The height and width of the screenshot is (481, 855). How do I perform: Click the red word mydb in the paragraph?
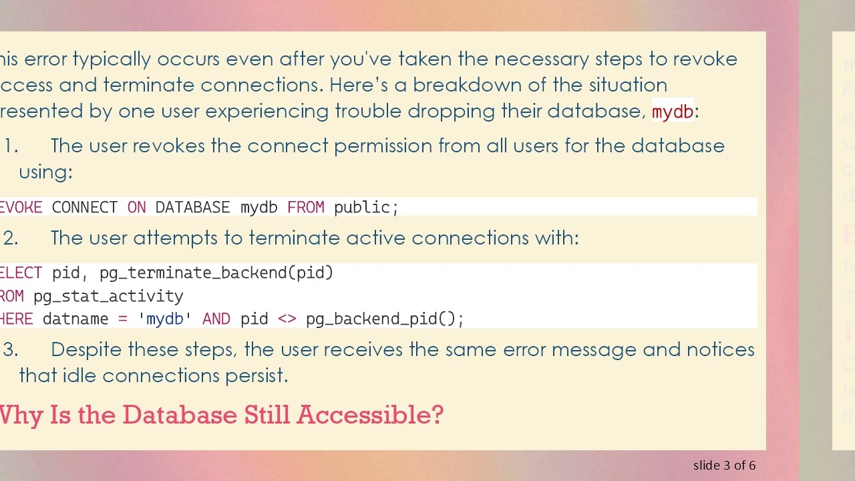pyautogui.click(x=672, y=112)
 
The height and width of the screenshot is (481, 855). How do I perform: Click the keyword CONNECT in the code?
pyautogui.click(x=84, y=208)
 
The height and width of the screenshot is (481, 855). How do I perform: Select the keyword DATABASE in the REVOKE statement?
pyautogui.click(x=192, y=208)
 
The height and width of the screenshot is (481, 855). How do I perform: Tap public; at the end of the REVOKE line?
pyautogui.click(x=365, y=208)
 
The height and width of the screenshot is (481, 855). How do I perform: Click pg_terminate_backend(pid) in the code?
pyautogui.click(x=216, y=273)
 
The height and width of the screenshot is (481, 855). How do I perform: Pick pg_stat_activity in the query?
pyautogui.click(x=108, y=297)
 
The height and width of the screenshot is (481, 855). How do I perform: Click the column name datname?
pyautogui.click(x=75, y=319)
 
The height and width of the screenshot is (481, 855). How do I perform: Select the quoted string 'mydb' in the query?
pyautogui.click(x=164, y=319)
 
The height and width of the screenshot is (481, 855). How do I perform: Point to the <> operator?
pyautogui.click(x=287, y=319)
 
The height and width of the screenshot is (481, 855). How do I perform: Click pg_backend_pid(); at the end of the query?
pyautogui.click(x=384, y=319)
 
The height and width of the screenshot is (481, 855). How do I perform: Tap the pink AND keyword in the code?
pyautogui.click(x=216, y=319)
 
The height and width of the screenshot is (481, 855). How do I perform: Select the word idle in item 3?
pyautogui.click(x=79, y=376)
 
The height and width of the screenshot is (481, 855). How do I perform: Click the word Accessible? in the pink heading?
pyautogui.click(x=370, y=415)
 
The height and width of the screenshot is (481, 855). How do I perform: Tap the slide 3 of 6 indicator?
pyautogui.click(x=724, y=466)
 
